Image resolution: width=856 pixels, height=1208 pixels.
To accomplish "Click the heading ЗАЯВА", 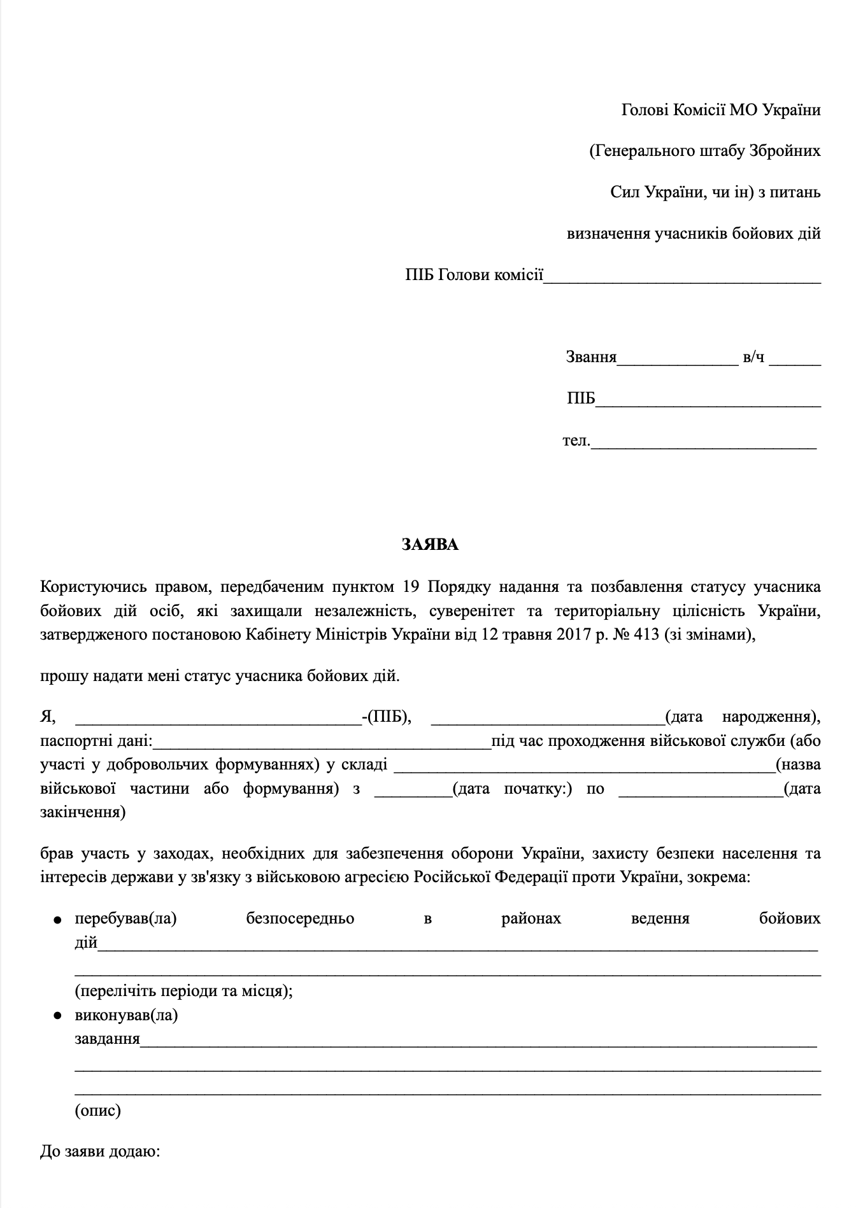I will click(430, 545).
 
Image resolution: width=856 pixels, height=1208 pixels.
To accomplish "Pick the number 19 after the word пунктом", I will click(412, 586).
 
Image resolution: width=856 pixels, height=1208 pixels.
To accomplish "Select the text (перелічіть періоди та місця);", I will click(184, 991).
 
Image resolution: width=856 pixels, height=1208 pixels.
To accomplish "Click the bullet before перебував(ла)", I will click(58, 920).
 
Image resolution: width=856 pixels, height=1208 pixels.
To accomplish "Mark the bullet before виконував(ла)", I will click(58, 1016).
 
